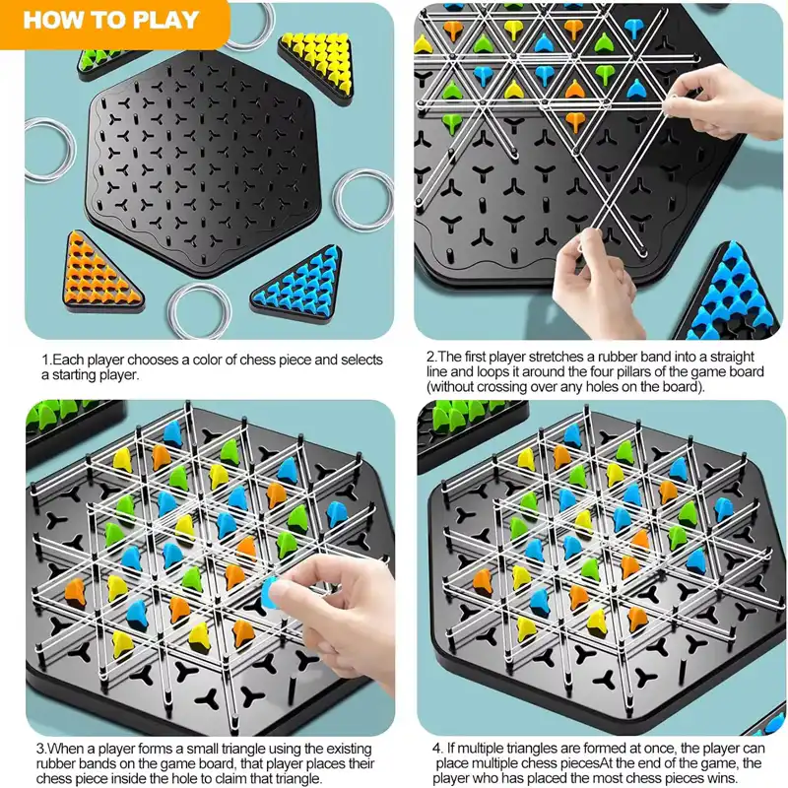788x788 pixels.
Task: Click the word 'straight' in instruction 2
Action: pos(731,358)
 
